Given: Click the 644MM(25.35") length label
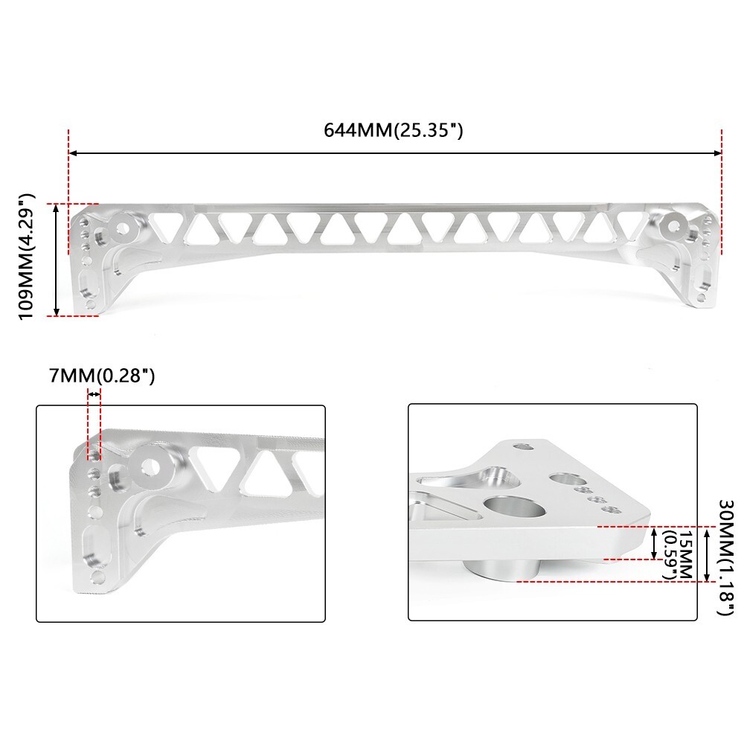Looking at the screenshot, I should (394, 130).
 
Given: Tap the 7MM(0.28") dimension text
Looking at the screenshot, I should (102, 376).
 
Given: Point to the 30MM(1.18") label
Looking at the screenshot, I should (720, 558).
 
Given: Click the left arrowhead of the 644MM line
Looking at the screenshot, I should (72, 153).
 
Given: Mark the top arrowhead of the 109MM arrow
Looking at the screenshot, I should (57, 208).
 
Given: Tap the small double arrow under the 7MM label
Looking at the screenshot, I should (94, 394).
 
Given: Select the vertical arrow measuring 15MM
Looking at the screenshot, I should (653, 543).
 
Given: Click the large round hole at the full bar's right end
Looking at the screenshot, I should (675, 224).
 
